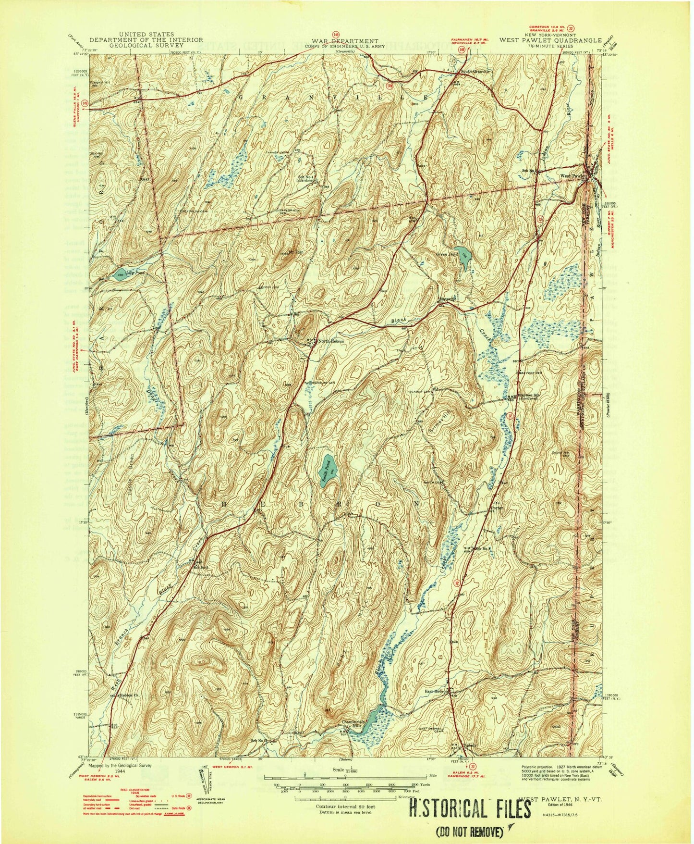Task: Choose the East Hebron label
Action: coord(436,691)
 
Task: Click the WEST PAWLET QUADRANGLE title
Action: coord(550,40)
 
